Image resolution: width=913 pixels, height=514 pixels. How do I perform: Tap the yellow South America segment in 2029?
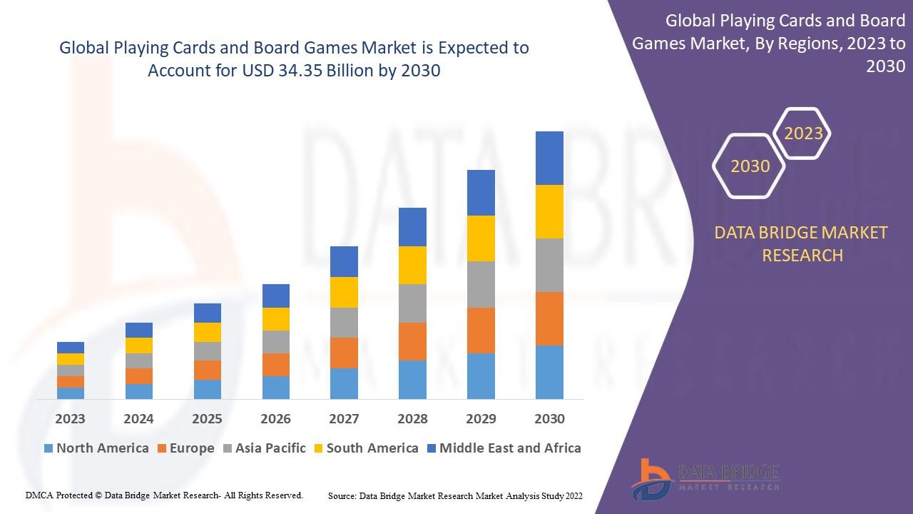(481, 238)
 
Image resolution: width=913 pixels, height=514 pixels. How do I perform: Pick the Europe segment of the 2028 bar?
(412, 341)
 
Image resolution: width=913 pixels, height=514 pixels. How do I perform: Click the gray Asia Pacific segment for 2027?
(344, 323)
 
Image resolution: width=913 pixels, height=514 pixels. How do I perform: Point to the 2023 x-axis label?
(70, 419)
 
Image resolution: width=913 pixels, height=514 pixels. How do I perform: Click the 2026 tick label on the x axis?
(275, 419)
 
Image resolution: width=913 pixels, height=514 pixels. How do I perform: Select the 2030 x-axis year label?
(549, 419)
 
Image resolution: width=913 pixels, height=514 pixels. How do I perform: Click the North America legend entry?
(96, 448)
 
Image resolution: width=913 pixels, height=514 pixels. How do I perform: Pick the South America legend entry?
(365, 448)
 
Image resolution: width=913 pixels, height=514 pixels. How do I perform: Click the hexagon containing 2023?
(803, 133)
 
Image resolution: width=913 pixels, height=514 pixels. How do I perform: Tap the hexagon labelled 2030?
(750, 166)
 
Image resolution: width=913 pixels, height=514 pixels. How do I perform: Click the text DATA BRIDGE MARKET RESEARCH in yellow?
(802, 243)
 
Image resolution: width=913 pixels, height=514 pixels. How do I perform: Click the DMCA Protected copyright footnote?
(164, 495)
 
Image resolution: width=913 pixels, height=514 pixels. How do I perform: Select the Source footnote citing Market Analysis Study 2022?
(455, 495)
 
